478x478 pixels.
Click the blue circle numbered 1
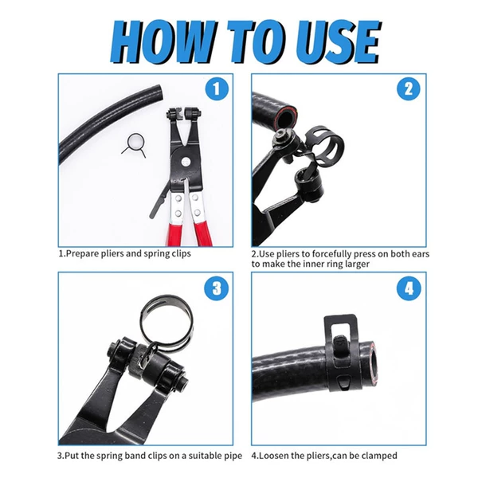click(217, 88)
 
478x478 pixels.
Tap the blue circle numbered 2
click(409, 88)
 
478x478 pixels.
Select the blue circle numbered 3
click(217, 288)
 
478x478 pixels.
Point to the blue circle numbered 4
click(409, 288)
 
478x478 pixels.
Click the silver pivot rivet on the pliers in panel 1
click(185, 161)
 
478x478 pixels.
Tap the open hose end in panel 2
click(284, 117)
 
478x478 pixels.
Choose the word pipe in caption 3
click(233, 456)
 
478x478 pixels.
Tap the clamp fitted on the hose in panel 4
click(341, 354)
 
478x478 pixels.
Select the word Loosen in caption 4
click(270, 456)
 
